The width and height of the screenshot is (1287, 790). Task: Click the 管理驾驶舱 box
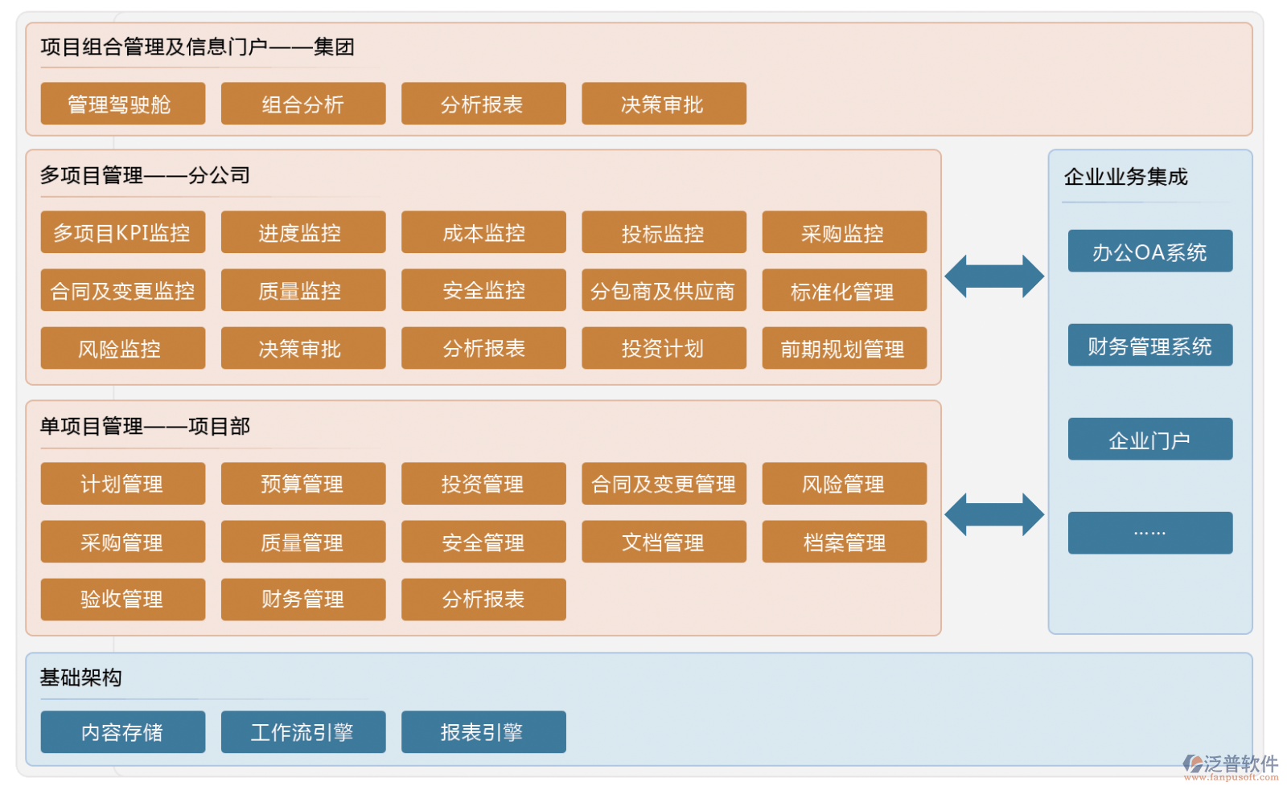[122, 104]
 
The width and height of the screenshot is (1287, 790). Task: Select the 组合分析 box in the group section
[302, 104]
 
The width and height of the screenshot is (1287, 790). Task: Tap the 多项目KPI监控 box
[122, 232]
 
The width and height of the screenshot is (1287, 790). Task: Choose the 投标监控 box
[663, 232]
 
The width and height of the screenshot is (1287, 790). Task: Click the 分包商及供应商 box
[663, 290]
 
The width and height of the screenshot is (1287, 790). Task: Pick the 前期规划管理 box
[843, 348]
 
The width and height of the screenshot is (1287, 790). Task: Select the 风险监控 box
[122, 348]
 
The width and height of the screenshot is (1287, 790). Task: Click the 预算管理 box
[302, 483]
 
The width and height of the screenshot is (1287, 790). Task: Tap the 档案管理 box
[843, 542]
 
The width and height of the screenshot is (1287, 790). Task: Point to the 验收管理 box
[122, 599]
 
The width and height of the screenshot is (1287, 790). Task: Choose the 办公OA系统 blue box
[1149, 252]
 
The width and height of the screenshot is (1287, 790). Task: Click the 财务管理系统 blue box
[1149, 346]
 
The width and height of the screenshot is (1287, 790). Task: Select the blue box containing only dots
[1149, 532]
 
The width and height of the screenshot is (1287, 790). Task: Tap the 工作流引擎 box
[302, 731]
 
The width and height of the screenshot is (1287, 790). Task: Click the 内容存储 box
[122, 731]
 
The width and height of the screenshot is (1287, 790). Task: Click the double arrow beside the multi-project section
[993, 276]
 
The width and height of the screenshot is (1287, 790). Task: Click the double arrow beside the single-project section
[993, 514]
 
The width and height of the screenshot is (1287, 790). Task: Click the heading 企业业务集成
[1125, 177]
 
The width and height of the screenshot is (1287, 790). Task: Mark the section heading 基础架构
[81, 677]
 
